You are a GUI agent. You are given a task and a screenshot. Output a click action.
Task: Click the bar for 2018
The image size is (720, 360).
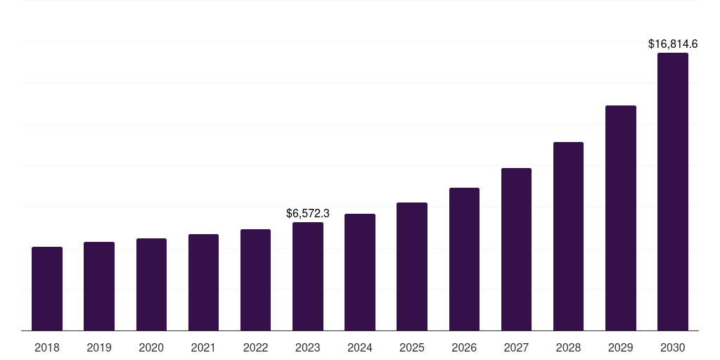pyautogui.click(x=47, y=288)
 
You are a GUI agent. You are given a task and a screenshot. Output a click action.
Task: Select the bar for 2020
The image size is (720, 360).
pyautogui.click(x=151, y=284)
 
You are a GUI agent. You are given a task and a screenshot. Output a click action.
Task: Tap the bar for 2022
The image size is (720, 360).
pyautogui.click(x=255, y=280)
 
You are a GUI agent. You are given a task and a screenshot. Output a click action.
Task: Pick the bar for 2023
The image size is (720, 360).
pyautogui.click(x=308, y=276)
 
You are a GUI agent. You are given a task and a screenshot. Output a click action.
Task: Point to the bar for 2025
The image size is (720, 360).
pyautogui.click(x=412, y=266)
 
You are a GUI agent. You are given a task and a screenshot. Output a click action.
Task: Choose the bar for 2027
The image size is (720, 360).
pyautogui.click(x=516, y=249)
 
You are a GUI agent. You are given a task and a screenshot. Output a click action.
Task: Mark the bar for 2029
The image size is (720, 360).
pyautogui.click(x=620, y=218)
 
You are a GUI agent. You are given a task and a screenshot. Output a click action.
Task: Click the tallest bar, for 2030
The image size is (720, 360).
pyautogui.click(x=672, y=191)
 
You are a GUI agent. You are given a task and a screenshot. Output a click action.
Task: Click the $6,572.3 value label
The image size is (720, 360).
pyautogui.click(x=308, y=213)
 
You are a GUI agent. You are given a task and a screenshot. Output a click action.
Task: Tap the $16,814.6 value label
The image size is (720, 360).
pyautogui.click(x=672, y=44)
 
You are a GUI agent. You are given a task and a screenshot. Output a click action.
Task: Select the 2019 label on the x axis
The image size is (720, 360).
pyautogui.click(x=99, y=347)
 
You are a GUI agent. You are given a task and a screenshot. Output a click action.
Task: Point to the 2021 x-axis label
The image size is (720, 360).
pyautogui.click(x=203, y=347)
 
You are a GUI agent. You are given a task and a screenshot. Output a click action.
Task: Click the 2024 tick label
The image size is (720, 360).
pyautogui.click(x=360, y=347)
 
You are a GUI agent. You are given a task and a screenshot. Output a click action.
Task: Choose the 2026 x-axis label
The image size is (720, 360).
pyautogui.click(x=464, y=347)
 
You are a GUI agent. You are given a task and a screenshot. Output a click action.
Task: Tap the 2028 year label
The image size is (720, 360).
pyautogui.click(x=568, y=347)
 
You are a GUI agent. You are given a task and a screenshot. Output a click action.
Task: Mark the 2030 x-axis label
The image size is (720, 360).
pyautogui.click(x=672, y=347)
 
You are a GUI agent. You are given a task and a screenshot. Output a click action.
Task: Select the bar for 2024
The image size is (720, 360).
pyautogui.click(x=360, y=272)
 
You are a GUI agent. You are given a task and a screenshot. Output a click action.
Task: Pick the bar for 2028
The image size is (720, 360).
pyautogui.click(x=568, y=236)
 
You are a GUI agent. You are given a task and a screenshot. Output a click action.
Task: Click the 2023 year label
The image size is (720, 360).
pyautogui.click(x=308, y=347)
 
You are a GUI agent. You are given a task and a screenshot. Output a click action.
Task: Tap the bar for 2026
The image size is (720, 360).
pyautogui.click(x=464, y=259)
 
